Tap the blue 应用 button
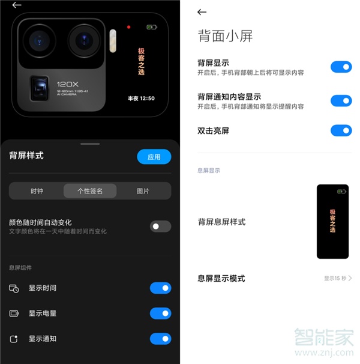pyautogui.click(x=154, y=157)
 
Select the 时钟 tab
pyautogui.click(x=37, y=191)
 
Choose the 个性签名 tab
pyautogui.click(x=90, y=191)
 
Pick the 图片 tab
pyautogui.click(x=143, y=191)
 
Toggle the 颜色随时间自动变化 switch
pyautogui.click(x=160, y=226)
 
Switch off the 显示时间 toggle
pyautogui.click(x=160, y=288)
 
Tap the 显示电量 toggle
pyautogui.click(x=160, y=314)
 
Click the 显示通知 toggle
pyautogui.click(x=160, y=339)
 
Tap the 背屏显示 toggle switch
pyautogui.click(x=341, y=67)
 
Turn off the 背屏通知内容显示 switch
pyautogui.click(x=341, y=100)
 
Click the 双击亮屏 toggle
pyautogui.click(x=341, y=130)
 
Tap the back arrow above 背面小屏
pyautogui.click(x=202, y=12)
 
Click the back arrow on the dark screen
pyautogui.click(x=17, y=5)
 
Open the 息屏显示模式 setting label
pyautogui.click(x=221, y=278)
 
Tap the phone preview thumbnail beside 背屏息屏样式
pyautogui.click(x=332, y=222)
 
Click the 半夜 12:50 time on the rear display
pyautogui.click(x=142, y=99)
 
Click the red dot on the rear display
pyautogui.click(x=128, y=27)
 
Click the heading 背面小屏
pyautogui.click(x=225, y=36)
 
